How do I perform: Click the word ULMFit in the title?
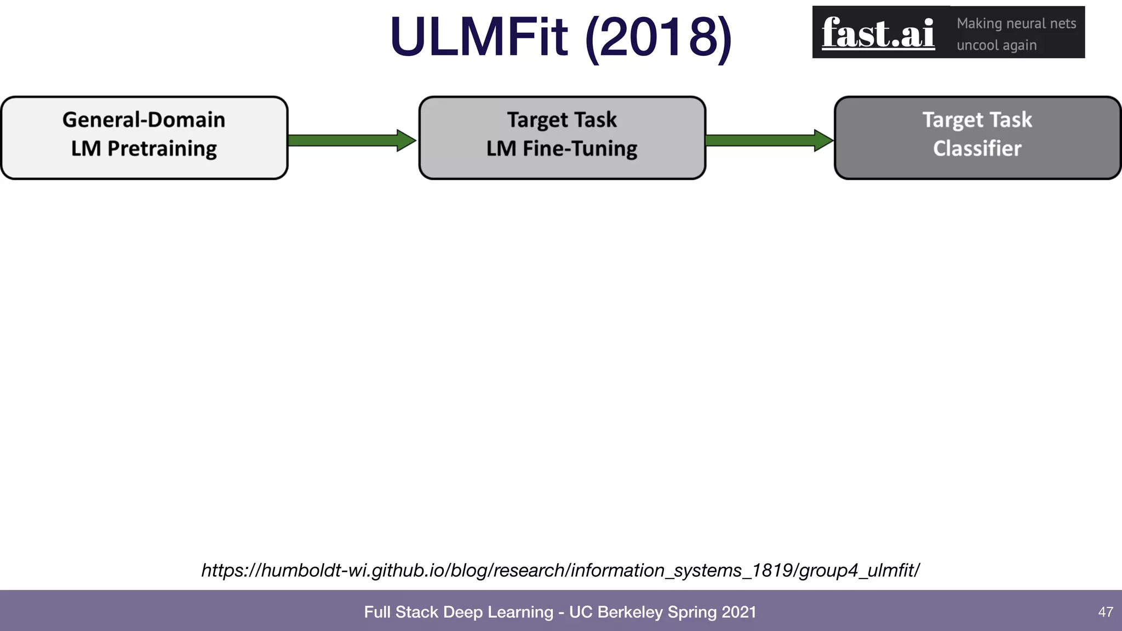(479, 37)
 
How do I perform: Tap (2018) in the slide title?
(659, 37)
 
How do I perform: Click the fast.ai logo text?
(878, 33)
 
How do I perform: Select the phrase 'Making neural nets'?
(1016, 24)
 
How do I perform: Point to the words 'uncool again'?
(997, 45)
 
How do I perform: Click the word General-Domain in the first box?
(144, 120)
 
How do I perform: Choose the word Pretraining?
(162, 149)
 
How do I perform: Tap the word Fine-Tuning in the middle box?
(580, 149)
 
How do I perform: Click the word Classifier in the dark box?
(977, 148)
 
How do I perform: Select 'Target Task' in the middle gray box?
(562, 120)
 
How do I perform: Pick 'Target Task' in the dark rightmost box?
(977, 120)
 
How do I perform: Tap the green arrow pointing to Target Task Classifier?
(769, 140)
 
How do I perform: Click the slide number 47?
(1106, 612)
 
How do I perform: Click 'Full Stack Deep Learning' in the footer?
(459, 612)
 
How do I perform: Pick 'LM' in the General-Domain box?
(85, 149)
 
